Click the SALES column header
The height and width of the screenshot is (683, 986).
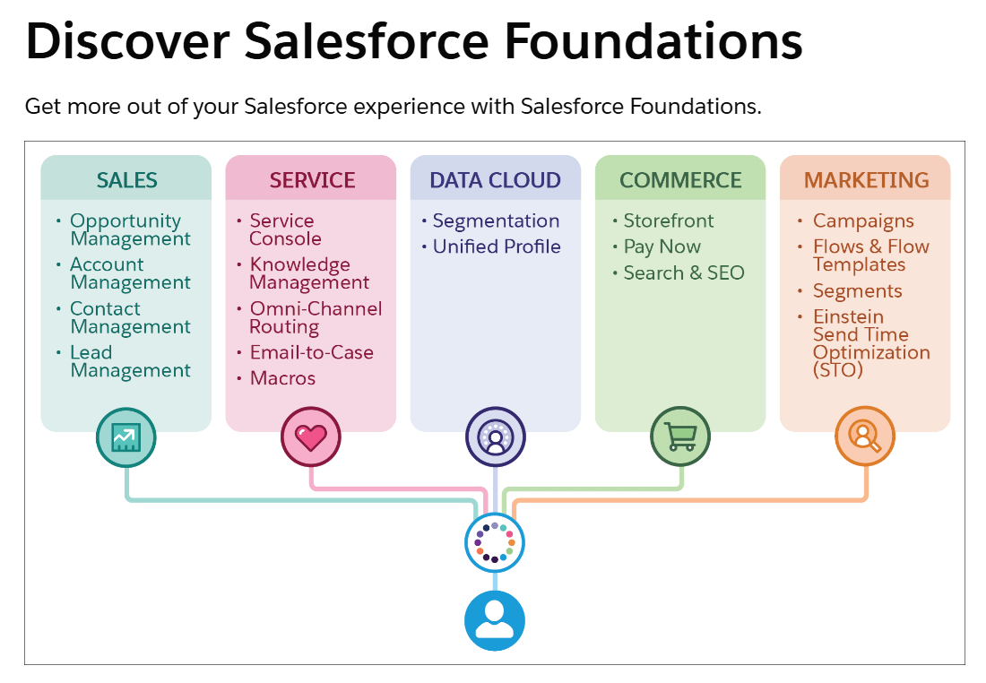pyautogui.click(x=126, y=180)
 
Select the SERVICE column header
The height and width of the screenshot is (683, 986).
pyautogui.click(x=311, y=180)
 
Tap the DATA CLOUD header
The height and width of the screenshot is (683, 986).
pyautogui.click(x=495, y=180)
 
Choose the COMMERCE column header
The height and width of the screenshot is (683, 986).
pyautogui.click(x=680, y=180)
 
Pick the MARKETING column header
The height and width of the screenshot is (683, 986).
pyautogui.click(x=866, y=180)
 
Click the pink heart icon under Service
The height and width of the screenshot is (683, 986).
pyautogui.click(x=311, y=437)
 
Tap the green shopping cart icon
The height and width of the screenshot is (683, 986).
pyautogui.click(x=680, y=437)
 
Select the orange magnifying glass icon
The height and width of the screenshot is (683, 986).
pyautogui.click(x=865, y=437)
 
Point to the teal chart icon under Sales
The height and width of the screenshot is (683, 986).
pyautogui.click(x=126, y=437)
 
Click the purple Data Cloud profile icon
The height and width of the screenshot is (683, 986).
pyautogui.click(x=495, y=437)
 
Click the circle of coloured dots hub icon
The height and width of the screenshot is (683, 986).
pyautogui.click(x=495, y=542)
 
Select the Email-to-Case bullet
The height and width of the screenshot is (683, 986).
pyautogui.click(x=311, y=353)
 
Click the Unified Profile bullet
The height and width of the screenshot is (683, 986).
pyautogui.click(x=496, y=246)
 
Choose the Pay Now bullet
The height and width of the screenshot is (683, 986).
pyautogui.click(x=662, y=246)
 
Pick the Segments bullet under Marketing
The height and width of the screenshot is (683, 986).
pyautogui.click(x=857, y=291)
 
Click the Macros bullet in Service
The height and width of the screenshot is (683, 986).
pyautogui.click(x=282, y=378)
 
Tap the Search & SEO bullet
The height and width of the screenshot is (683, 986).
pyautogui.click(x=683, y=272)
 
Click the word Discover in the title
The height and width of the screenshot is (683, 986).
pyautogui.click(x=128, y=40)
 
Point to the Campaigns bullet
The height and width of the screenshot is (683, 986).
pyautogui.click(x=862, y=220)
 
